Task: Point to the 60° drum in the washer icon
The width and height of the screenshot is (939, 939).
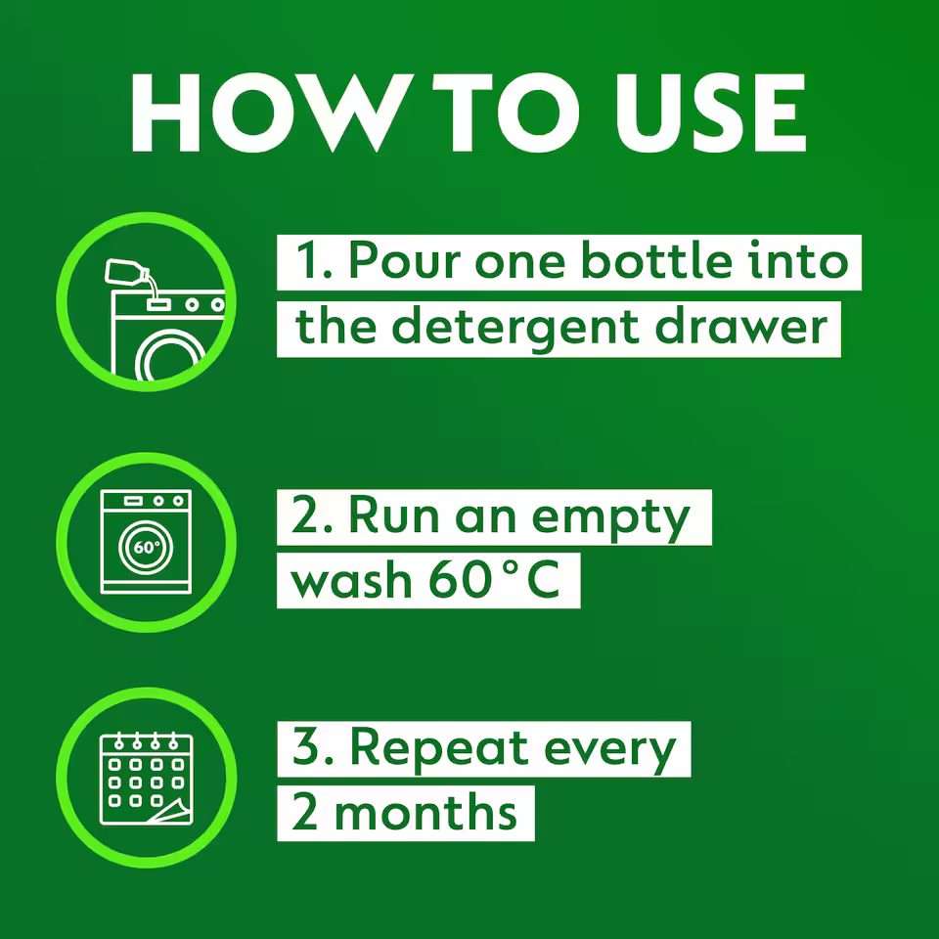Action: pos(146,547)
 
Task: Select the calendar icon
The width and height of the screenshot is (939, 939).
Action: pos(144,778)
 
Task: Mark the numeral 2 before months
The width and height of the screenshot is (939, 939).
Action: pos(306,812)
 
